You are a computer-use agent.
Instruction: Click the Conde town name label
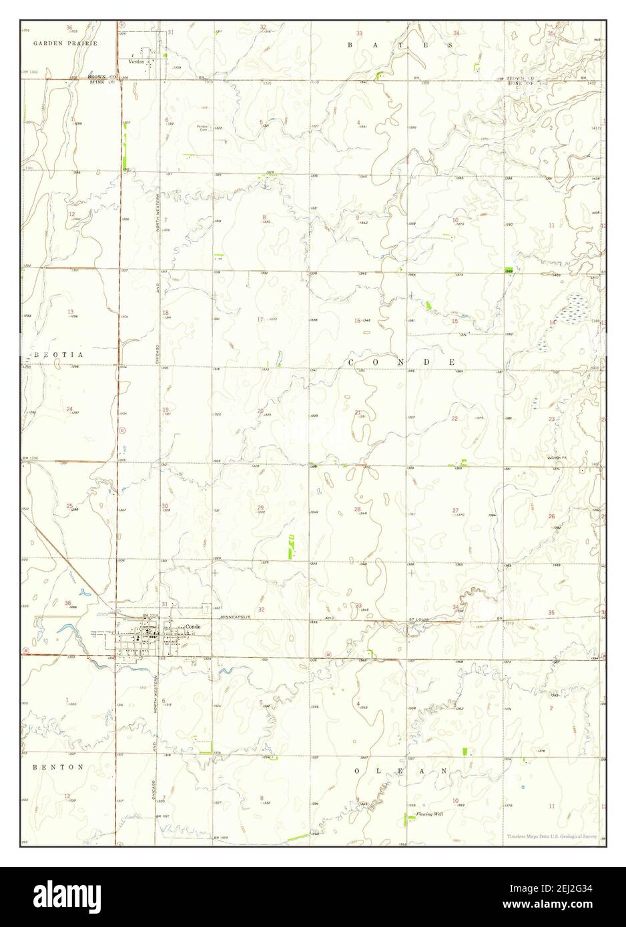(193, 627)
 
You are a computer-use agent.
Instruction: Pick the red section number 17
(260, 319)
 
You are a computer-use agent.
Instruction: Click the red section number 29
(260, 508)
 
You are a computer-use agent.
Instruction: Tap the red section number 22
(454, 418)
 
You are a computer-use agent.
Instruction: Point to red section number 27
(455, 511)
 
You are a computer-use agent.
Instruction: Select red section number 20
(260, 410)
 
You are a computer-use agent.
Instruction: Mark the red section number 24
(69, 409)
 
